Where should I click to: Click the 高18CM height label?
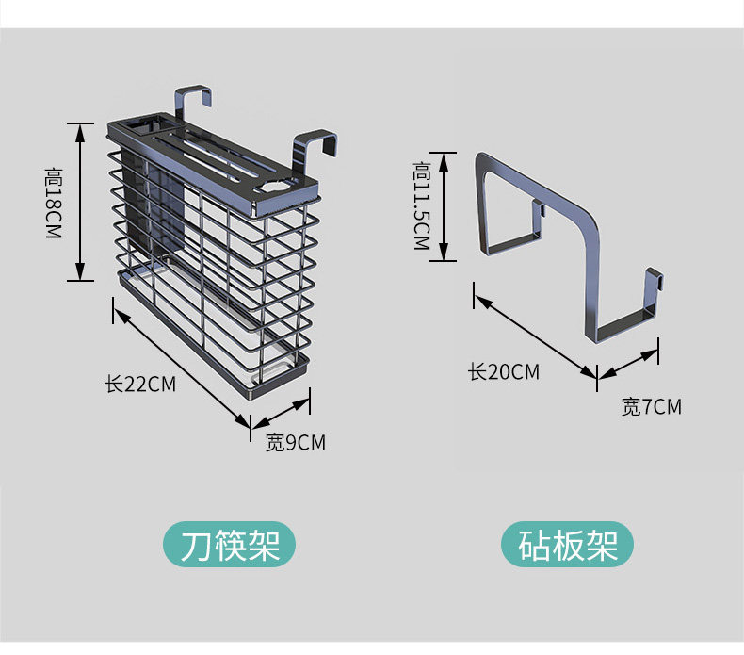[x=54, y=203]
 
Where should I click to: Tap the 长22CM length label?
[x=140, y=384]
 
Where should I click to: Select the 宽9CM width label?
[x=296, y=442]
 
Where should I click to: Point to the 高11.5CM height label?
[x=422, y=205]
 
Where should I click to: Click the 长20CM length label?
[x=504, y=371]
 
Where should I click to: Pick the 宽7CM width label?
[x=652, y=406]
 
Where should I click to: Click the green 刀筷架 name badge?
[x=229, y=545]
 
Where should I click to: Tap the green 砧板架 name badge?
[x=568, y=545]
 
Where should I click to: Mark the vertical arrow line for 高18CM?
[x=80, y=202]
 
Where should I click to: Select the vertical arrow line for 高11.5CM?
[x=444, y=206]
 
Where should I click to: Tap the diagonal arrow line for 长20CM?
[x=535, y=336]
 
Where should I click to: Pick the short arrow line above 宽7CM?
[x=628, y=364]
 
